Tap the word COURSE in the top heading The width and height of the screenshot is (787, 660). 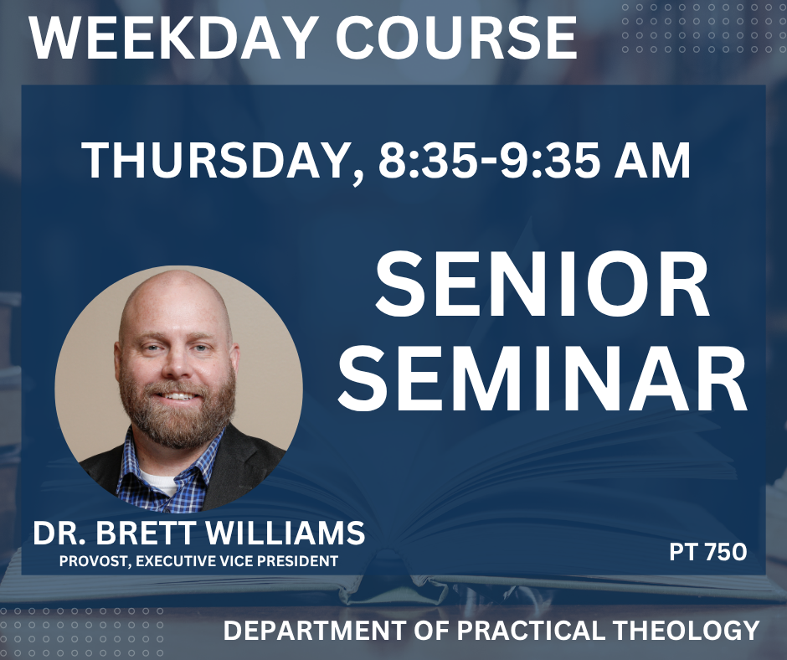(456, 38)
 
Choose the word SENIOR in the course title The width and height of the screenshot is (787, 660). (543, 286)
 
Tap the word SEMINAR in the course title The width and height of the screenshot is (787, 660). (543, 377)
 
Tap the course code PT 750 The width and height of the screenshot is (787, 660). (707, 552)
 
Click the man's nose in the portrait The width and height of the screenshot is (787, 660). (175, 364)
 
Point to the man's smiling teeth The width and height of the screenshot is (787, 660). (178, 396)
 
